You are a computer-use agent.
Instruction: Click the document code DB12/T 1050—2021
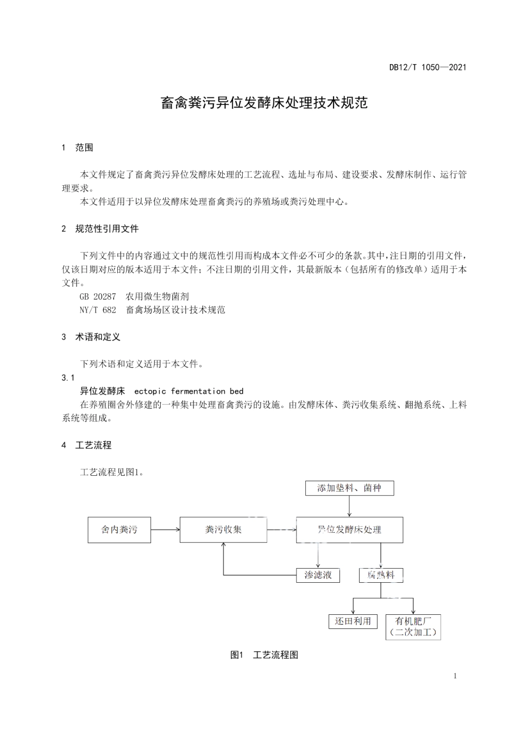(x=427, y=67)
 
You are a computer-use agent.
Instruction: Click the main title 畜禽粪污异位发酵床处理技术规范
(x=264, y=103)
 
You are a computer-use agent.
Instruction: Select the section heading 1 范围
(x=78, y=147)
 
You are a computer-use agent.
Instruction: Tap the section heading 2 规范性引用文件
(x=100, y=229)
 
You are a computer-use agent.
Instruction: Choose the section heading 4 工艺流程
(x=87, y=445)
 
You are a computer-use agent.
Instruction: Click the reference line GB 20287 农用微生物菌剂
(x=134, y=297)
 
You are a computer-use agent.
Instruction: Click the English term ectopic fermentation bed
(x=188, y=391)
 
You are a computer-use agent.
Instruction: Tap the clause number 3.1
(x=68, y=377)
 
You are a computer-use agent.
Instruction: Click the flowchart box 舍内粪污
(x=119, y=530)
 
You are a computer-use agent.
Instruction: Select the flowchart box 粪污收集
(x=223, y=530)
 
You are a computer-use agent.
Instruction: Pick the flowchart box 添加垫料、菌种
(x=349, y=488)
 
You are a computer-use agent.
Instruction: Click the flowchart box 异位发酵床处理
(x=349, y=530)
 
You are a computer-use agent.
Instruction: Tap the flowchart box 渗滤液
(x=318, y=575)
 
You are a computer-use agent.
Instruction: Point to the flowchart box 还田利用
(x=353, y=621)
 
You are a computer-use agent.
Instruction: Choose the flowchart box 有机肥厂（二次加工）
(x=413, y=627)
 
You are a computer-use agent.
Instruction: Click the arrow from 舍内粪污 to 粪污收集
(x=165, y=530)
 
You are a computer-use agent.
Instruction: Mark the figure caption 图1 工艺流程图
(x=264, y=655)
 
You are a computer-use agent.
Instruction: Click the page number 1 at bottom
(x=455, y=676)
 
